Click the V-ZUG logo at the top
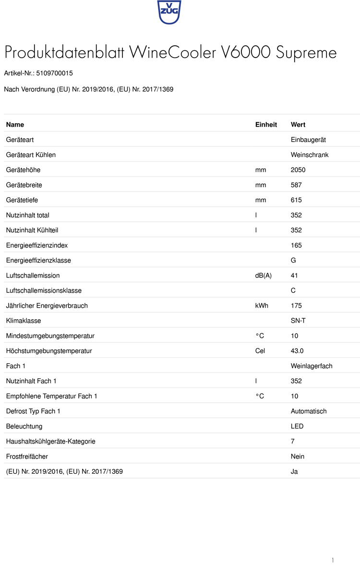click(169, 12)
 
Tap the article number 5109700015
click(54, 73)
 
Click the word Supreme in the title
click(306, 53)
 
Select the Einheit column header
click(266, 125)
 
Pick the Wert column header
click(298, 125)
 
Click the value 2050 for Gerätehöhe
click(298, 170)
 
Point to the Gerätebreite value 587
click(296, 185)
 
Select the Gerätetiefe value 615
click(296, 200)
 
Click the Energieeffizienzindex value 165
click(296, 245)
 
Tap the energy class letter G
click(293, 261)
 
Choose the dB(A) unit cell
click(264, 276)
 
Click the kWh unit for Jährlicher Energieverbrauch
click(262, 306)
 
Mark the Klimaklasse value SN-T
click(298, 321)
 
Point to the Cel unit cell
click(260, 351)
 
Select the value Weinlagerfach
click(312, 366)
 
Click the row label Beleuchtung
click(24, 426)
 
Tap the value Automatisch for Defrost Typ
click(309, 411)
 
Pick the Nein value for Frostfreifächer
click(298, 457)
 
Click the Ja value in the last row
click(294, 471)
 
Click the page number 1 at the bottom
click(333, 560)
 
